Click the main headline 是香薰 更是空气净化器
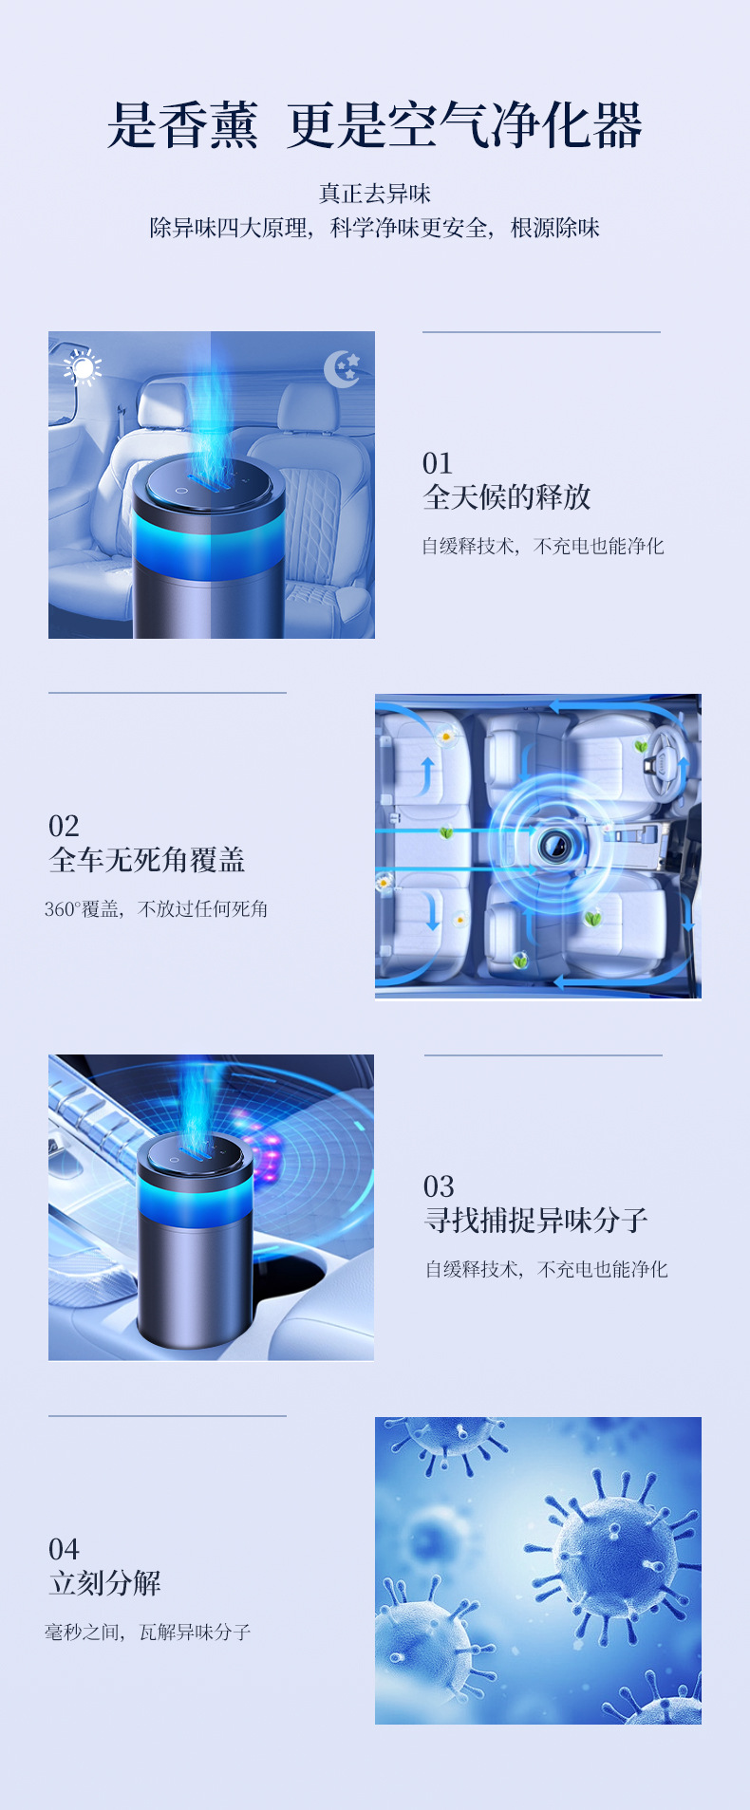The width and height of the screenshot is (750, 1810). coord(374,125)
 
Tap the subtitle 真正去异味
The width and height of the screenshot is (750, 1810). coord(374,194)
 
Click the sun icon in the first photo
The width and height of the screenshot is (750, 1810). coord(84,367)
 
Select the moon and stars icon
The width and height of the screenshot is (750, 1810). coord(342,368)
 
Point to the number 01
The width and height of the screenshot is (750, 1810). coord(437,463)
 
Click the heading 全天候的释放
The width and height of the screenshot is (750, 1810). coord(506,496)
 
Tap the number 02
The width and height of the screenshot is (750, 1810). coord(64,826)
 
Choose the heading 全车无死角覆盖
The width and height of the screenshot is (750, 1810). coord(147,859)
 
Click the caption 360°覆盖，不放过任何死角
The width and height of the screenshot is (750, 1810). coord(156,909)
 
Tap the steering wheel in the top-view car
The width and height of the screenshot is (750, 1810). coord(662,759)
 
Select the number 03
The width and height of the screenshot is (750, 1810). coord(439,1186)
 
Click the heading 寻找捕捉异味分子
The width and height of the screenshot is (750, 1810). coord(535,1220)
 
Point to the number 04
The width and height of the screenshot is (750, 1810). coord(64,1549)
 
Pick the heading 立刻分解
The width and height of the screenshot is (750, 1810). coord(104,1582)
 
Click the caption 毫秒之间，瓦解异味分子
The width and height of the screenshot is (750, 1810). coord(147,1633)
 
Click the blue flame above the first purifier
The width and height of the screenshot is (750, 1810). coord(216,418)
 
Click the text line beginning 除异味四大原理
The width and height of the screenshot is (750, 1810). coord(374,228)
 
